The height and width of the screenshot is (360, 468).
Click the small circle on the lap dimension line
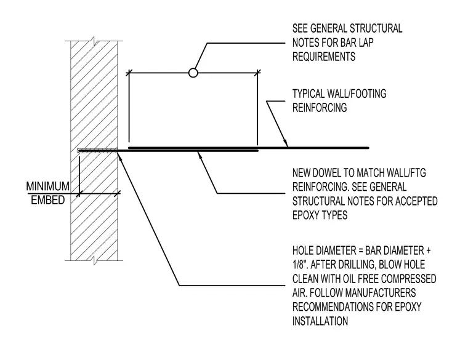tap(193, 73)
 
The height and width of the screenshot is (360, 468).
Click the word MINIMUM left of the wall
tap(48, 186)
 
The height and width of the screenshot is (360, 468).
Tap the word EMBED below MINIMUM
tap(48, 200)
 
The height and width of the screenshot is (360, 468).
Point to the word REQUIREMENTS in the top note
tap(323, 57)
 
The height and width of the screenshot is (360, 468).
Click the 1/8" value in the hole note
tap(299, 265)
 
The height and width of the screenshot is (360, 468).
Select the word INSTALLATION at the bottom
tap(320, 321)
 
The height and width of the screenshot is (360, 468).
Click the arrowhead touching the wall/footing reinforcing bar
tap(286, 143)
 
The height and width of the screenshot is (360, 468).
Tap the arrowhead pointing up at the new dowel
tap(200, 155)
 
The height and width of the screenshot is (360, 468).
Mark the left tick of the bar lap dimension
tap(129, 73)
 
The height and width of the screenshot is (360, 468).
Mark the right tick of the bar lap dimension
tap(257, 73)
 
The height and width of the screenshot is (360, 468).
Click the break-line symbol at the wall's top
tap(94, 41)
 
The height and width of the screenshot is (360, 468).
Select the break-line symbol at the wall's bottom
tap(94, 260)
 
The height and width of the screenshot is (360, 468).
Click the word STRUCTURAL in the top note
tap(376, 29)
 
